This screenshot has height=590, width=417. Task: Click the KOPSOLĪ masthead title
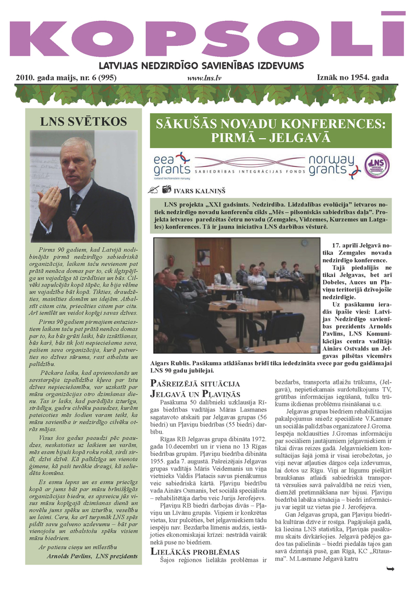(208, 37)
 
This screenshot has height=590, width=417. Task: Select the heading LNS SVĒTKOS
(83, 122)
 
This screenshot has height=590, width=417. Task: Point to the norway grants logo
(331, 165)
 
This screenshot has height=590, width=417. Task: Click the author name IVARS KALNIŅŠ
(204, 189)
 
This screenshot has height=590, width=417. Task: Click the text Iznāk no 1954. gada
(352, 77)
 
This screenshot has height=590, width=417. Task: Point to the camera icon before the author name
(166, 189)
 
